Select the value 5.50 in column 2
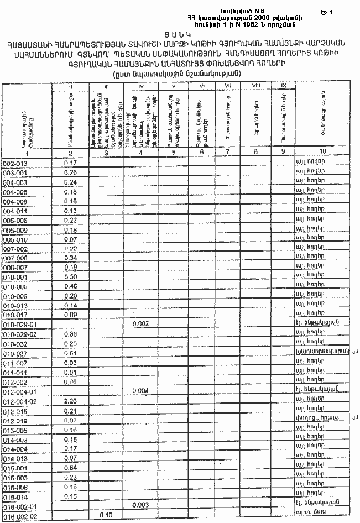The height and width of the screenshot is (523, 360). [70, 276]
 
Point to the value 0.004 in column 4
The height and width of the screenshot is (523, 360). [141, 391]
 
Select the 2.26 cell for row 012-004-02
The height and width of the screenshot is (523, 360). [70, 401]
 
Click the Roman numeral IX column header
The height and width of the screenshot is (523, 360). [283, 86]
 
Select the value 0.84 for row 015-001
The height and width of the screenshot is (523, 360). [70, 468]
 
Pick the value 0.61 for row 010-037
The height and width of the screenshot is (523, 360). [70, 353]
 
